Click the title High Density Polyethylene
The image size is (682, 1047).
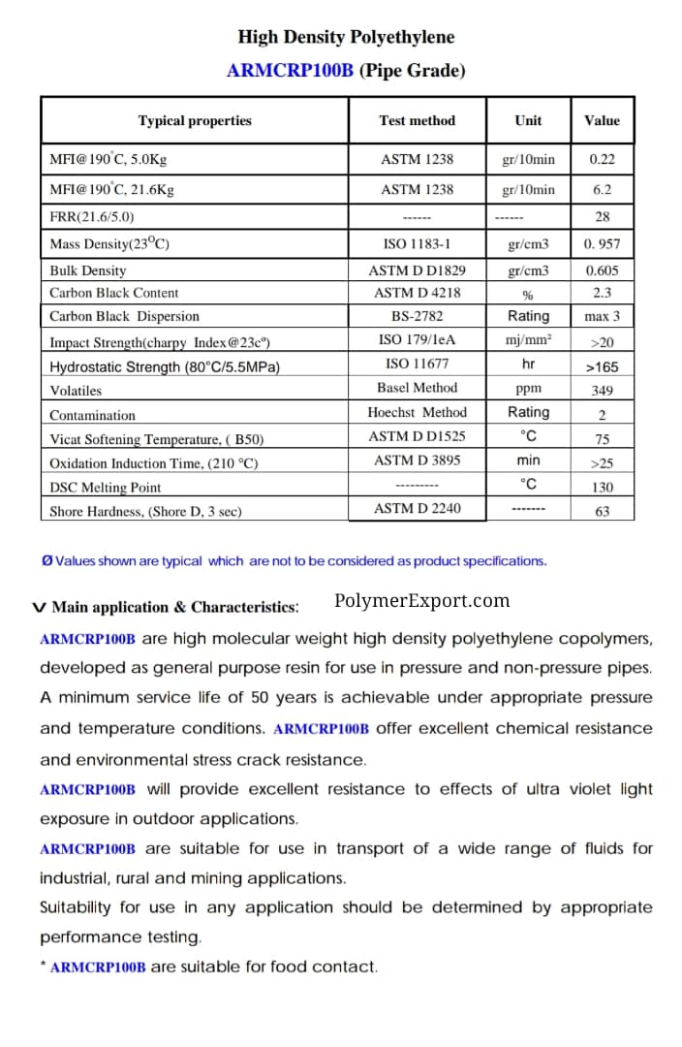pos(346,38)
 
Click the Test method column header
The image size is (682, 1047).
pos(417,121)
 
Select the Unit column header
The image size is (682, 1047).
pos(528,121)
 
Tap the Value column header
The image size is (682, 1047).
pos(602,121)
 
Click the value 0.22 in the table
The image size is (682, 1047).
pos(602,159)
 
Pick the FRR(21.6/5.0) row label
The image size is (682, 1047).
pos(92,217)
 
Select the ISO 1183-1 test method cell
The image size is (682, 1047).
pos(417,244)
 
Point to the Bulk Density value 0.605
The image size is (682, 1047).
pos(602,271)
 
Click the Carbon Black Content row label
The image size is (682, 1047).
pos(114,293)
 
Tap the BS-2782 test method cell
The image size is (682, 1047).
pos(417,316)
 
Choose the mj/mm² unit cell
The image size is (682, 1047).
pos(528,339)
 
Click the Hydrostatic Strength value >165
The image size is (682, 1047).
pos(602,367)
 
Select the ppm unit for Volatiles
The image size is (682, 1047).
pos(528,388)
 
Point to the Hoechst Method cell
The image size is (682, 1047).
pos(417,413)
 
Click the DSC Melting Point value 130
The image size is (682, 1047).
pos(602,488)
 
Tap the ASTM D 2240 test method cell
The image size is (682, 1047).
pos(417,508)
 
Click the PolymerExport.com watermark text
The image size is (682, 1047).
pos(421,601)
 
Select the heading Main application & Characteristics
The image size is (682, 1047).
pos(174,608)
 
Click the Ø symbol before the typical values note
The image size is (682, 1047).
pos(46,561)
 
